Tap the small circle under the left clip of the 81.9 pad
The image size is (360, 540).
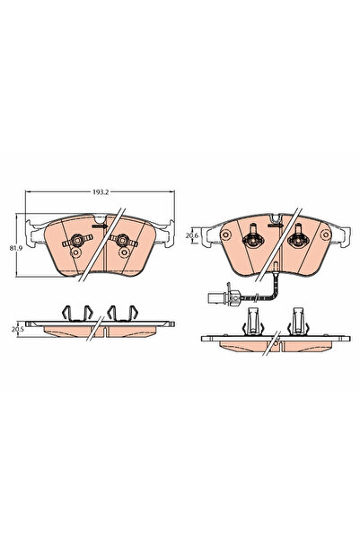pos(75,254)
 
